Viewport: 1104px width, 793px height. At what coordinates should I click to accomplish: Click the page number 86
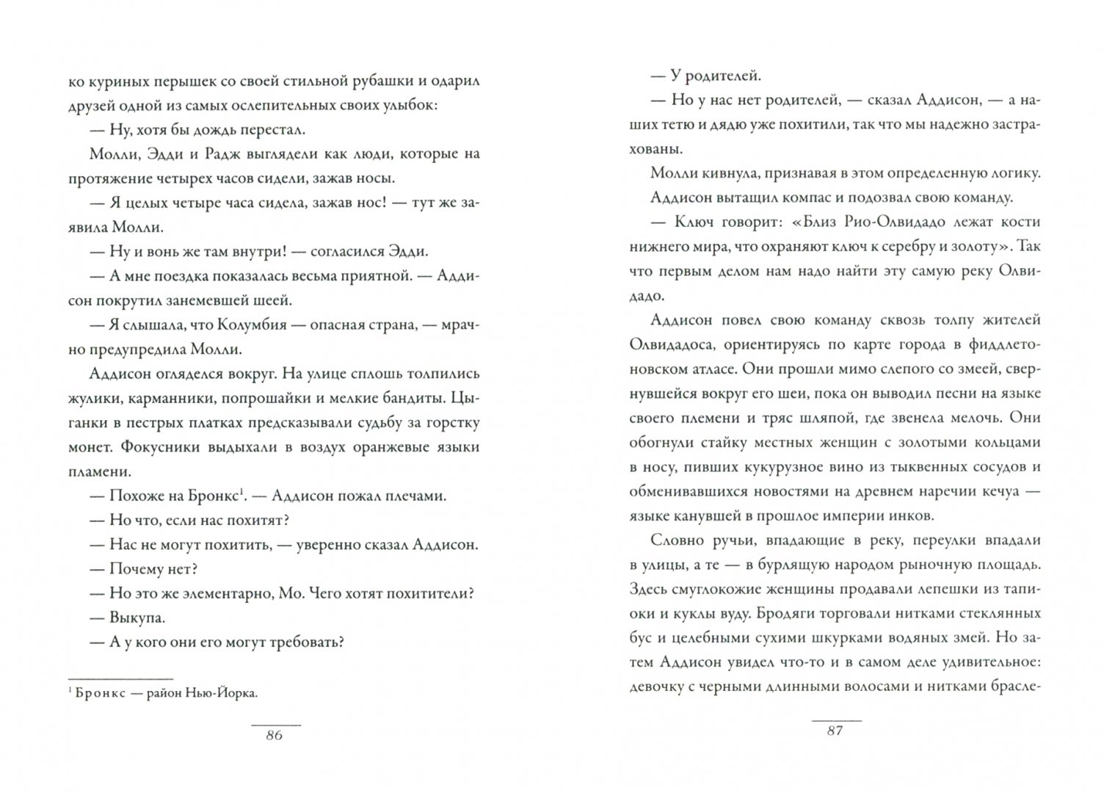point(273,736)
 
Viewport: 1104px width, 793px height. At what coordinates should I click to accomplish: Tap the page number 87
point(835,731)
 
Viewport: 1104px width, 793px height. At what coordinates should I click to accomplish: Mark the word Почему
point(139,569)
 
